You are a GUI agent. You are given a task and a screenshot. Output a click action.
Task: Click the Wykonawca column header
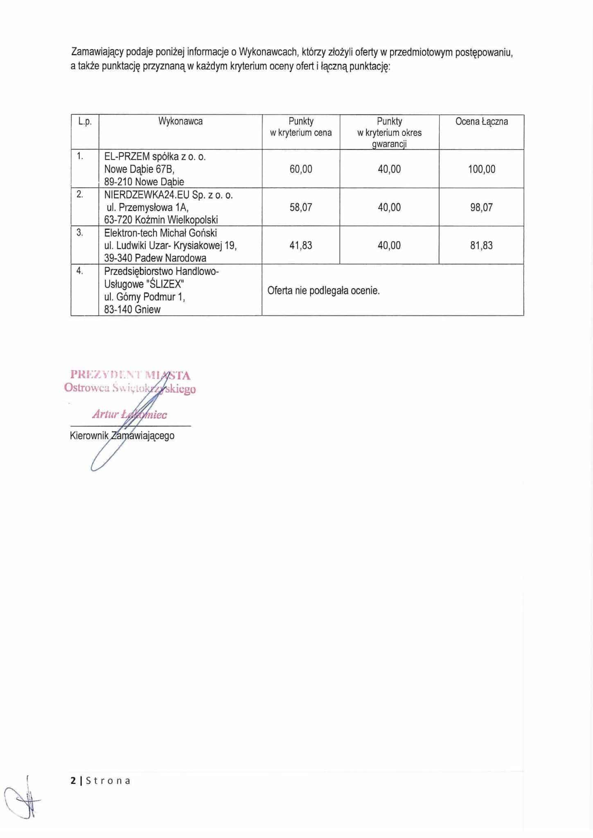(180, 122)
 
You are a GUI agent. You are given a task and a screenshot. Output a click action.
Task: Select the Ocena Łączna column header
(481, 122)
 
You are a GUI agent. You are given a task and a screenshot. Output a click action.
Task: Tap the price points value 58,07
(301, 207)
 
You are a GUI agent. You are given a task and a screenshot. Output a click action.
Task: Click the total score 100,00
(481, 169)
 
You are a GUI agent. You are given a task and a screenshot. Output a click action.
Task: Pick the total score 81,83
(481, 246)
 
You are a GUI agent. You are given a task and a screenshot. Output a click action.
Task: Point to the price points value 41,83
(301, 246)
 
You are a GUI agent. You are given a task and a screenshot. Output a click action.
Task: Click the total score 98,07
(481, 207)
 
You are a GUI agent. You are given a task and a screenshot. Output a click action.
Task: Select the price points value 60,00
(301, 169)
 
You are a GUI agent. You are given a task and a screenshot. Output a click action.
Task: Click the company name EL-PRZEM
(127, 157)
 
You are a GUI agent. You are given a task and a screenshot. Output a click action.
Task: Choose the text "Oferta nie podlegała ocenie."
(323, 291)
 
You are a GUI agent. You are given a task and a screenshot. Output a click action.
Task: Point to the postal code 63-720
(118, 220)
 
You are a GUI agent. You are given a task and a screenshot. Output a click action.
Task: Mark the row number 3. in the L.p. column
(80, 233)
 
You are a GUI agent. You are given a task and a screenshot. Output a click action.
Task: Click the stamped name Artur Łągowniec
(129, 414)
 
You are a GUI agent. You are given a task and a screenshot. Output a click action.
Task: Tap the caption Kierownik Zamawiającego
(122, 436)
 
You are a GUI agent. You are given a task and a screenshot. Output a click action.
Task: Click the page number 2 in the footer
(73, 781)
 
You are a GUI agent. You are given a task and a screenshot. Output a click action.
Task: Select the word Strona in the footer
(108, 781)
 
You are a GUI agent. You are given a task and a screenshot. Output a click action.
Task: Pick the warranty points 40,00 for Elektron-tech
(389, 246)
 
